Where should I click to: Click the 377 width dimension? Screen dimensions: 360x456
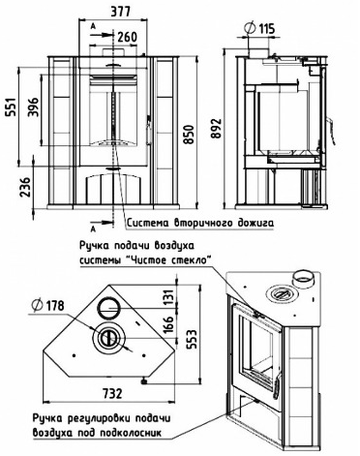(120, 12)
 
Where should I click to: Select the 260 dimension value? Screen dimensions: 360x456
(127, 37)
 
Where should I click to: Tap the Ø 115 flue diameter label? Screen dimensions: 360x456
(260, 28)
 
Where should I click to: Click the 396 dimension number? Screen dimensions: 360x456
(33, 106)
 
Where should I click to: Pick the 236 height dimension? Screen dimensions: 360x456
(25, 187)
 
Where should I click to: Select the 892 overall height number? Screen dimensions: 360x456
(216, 129)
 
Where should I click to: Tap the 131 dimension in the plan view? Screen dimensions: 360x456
(168, 295)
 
